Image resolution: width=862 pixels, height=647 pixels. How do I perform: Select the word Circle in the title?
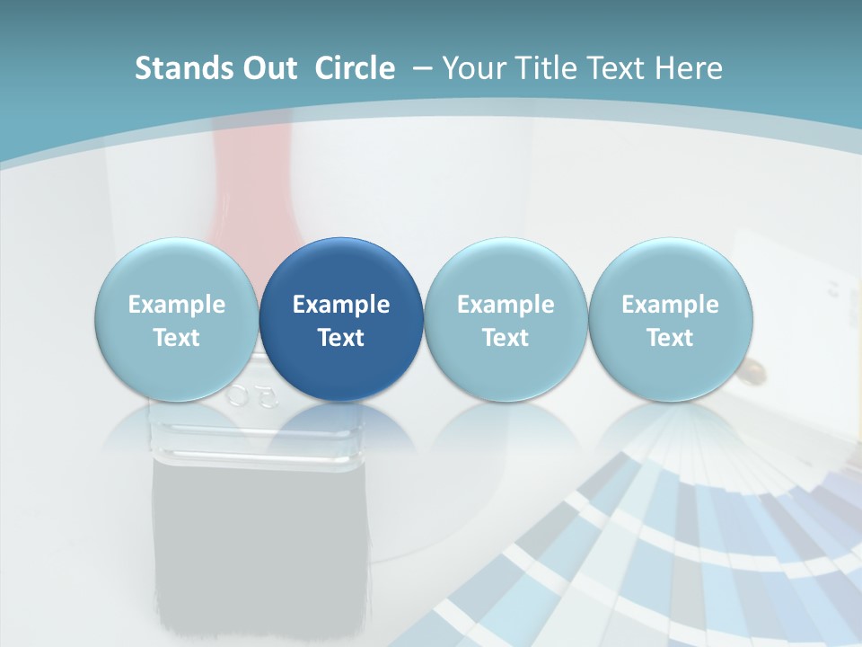coord(355,68)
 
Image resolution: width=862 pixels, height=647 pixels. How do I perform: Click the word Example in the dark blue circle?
coord(341,305)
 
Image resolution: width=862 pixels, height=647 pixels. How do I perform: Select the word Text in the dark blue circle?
coord(341,338)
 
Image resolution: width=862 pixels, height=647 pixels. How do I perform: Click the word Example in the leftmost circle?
coord(177,305)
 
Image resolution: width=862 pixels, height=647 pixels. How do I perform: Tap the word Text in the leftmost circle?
coord(177,338)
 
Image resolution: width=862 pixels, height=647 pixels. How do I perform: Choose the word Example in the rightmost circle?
coord(670,305)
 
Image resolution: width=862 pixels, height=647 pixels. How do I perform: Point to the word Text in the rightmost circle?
coord(670,338)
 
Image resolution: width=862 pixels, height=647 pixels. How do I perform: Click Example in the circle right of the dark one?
coord(506,305)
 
